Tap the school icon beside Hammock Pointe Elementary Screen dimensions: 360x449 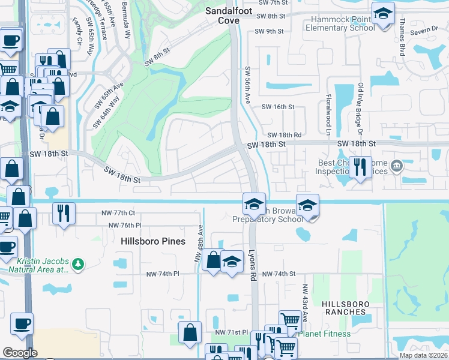pyautogui.click(x=383, y=14)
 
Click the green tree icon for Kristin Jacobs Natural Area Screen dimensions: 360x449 pyautogui.click(x=77, y=264)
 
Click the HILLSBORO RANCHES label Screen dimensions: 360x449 pyautogui.click(x=344, y=308)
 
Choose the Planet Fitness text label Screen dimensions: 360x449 pyautogui.click(x=324, y=334)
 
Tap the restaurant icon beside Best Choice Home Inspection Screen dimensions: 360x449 pyautogui.click(x=360, y=166)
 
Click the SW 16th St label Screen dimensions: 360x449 pyautogui.click(x=278, y=107)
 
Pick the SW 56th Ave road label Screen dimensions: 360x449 pyautogui.click(x=247, y=83)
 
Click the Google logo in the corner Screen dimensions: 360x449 pyautogui.click(x=20, y=353)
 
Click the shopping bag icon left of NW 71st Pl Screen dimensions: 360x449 pyautogui.click(x=190, y=332)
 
